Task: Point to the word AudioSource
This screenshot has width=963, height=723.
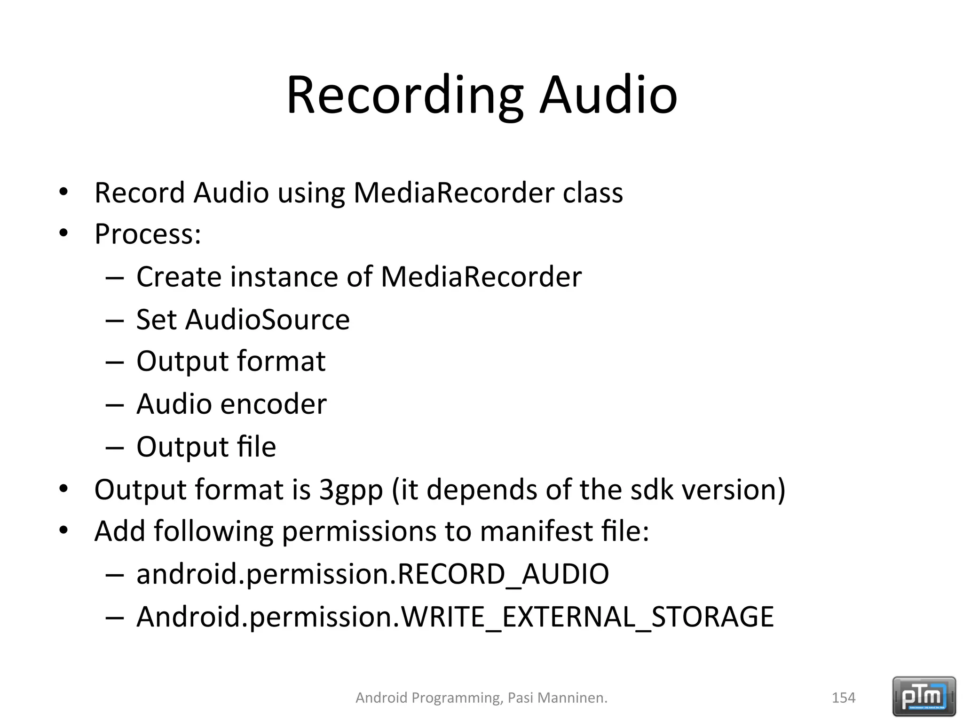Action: (268, 320)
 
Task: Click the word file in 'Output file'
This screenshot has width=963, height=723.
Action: (257, 447)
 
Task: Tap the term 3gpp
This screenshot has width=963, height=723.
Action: (351, 490)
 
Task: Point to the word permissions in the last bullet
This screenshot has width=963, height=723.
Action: (359, 532)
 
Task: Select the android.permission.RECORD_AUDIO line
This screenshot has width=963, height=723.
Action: (372, 574)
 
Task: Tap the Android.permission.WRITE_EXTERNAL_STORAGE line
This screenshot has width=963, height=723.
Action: (455, 617)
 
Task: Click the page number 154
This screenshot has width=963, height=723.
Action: (844, 698)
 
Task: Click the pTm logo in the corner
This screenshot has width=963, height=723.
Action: (924, 696)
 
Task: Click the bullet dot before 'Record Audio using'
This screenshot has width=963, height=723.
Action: (63, 192)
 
